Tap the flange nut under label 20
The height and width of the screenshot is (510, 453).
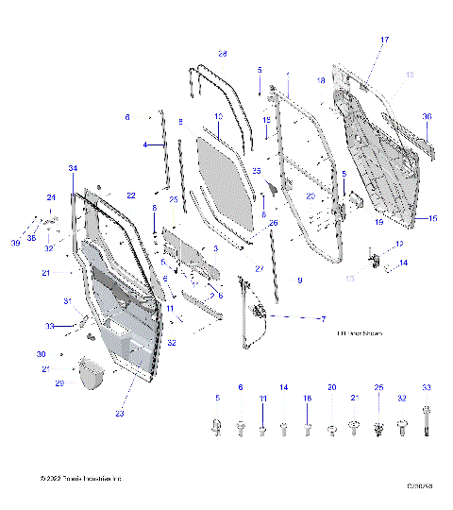point(331,431)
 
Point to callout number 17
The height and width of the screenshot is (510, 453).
point(384,40)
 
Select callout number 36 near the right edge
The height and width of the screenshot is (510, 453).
point(427,117)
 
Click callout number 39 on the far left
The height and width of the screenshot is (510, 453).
point(14,244)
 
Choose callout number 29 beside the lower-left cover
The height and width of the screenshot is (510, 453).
point(59,383)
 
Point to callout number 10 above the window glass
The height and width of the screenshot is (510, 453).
point(217,116)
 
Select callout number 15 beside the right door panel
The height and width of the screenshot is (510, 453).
point(433,218)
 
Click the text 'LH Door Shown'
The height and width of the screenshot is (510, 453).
point(360,333)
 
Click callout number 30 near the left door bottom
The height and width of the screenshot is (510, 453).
point(41,354)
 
